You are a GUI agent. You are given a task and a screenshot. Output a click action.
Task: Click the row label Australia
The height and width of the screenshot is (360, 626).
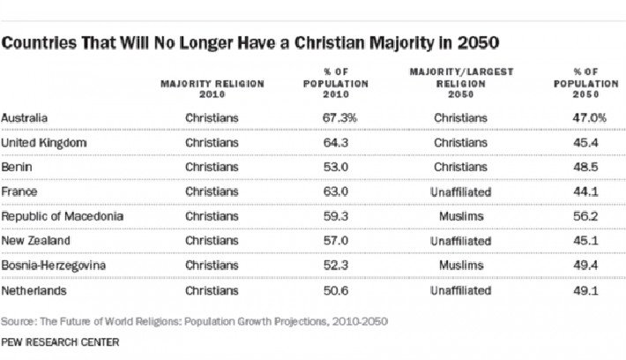point(24,117)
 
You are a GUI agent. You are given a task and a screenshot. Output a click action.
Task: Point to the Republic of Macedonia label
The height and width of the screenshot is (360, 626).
point(62,216)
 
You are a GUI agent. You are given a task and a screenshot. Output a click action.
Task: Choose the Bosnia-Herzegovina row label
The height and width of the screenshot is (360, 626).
point(55,265)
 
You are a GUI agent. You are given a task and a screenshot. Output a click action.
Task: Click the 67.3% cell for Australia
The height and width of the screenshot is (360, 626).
point(339,117)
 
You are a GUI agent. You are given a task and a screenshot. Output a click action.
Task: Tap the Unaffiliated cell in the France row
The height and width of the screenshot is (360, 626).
point(461,191)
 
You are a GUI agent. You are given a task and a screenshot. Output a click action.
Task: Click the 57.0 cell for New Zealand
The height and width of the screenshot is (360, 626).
point(339,240)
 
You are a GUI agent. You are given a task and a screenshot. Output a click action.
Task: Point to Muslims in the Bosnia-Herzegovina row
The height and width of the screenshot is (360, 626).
point(461,265)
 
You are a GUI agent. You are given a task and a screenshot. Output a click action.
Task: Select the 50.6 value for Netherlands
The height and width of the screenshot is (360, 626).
point(339,289)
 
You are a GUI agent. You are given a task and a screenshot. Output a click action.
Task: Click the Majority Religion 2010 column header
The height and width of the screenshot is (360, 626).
point(212,88)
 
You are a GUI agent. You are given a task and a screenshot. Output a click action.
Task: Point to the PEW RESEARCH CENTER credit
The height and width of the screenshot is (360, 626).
point(61,341)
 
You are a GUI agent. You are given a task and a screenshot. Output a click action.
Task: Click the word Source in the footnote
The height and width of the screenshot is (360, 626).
point(19,321)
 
